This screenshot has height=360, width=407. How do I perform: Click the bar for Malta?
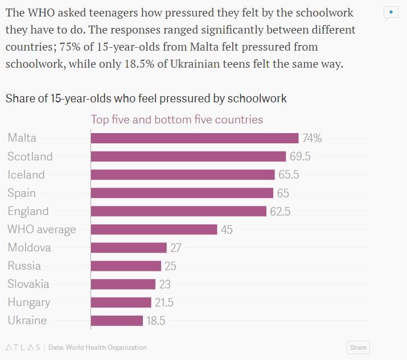pos(195,138)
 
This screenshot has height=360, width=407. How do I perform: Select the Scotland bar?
pos(188,156)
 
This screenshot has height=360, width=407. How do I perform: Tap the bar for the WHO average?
pos(154,229)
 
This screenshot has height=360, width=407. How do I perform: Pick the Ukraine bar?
pos(117,321)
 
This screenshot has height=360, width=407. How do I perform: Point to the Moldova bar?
pos(129,247)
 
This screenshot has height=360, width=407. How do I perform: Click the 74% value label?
pos(312,138)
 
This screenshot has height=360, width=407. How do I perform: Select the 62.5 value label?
pos(280,212)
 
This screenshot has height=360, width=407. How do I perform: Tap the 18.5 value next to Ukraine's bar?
pos(156,321)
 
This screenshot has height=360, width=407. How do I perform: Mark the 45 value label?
pos(227,230)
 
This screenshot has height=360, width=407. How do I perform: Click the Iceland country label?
pos(26,175)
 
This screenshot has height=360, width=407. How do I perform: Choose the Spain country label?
pos(22,193)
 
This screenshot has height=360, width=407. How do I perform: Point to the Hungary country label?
pos(29,302)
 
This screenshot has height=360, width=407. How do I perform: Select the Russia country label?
pos(24,266)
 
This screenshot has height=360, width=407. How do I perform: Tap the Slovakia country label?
pos(28,284)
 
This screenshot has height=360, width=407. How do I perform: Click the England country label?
pos(28,211)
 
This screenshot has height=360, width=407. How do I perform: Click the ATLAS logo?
pos(23,347)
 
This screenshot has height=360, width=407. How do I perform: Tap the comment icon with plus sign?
pos(390,13)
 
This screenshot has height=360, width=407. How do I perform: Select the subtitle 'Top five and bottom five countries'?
pos(177,119)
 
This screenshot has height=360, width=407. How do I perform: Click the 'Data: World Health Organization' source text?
pos(97,347)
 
